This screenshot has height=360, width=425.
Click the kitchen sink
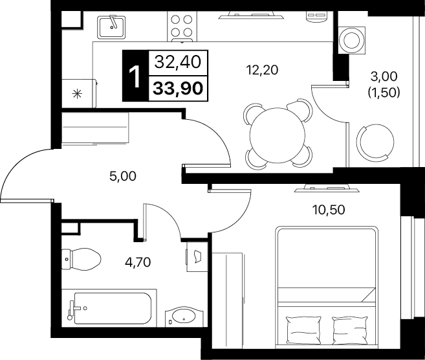click(111, 27)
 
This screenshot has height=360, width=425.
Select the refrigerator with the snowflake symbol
click(79, 93)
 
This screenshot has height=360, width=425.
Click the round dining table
click(278, 135)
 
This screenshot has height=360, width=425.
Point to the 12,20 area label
click(262, 71)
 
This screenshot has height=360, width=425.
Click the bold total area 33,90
click(178, 89)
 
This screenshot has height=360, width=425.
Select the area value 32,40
click(178, 62)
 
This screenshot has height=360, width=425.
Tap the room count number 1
click(135, 77)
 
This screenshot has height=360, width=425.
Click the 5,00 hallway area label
click(123, 176)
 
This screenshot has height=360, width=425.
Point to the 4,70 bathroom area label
click(138, 262)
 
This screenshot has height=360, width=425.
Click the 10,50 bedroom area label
click(329, 210)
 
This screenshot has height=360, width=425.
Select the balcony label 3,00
click(384, 76)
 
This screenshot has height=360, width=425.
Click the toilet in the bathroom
click(82, 259)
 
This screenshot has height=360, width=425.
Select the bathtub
click(109, 308)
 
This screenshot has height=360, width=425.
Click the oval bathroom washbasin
click(184, 316)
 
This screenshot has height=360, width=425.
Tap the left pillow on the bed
click(303, 330)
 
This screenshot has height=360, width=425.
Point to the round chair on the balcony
click(375, 141)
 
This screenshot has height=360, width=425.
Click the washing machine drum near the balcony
click(351, 40)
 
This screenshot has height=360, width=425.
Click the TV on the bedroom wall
click(327, 188)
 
